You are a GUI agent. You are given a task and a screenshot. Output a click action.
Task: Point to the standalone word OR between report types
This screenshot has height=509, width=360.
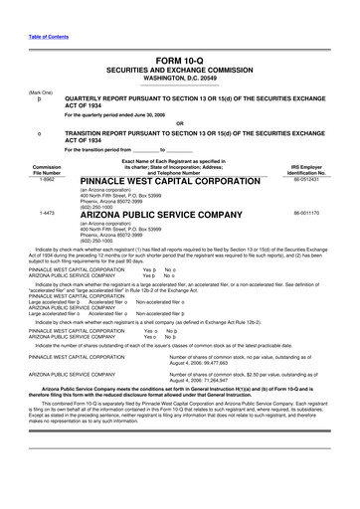point(180,123)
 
